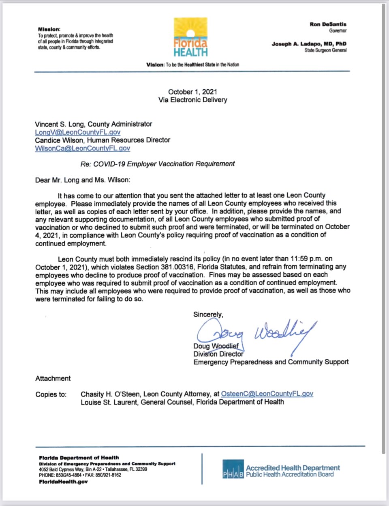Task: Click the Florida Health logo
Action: [x=190, y=37]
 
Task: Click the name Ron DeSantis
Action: [x=328, y=24]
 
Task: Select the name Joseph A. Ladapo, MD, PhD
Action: [x=309, y=44]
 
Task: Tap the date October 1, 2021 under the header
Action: [x=192, y=92]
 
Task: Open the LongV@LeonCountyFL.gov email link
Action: [x=77, y=132]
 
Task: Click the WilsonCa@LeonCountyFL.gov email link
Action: [x=82, y=148]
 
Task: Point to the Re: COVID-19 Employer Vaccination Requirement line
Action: [x=158, y=164]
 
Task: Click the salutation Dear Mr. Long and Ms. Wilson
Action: [x=83, y=180]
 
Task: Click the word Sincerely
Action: [x=208, y=314]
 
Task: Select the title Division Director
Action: [x=218, y=354]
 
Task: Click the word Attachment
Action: [x=53, y=378]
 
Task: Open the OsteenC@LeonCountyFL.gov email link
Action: [x=267, y=394]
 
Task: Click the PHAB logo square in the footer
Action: [x=233, y=469]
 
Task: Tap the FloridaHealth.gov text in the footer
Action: [x=63, y=482]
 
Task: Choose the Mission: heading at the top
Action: [x=49, y=29]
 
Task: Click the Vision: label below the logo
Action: [x=155, y=65]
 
